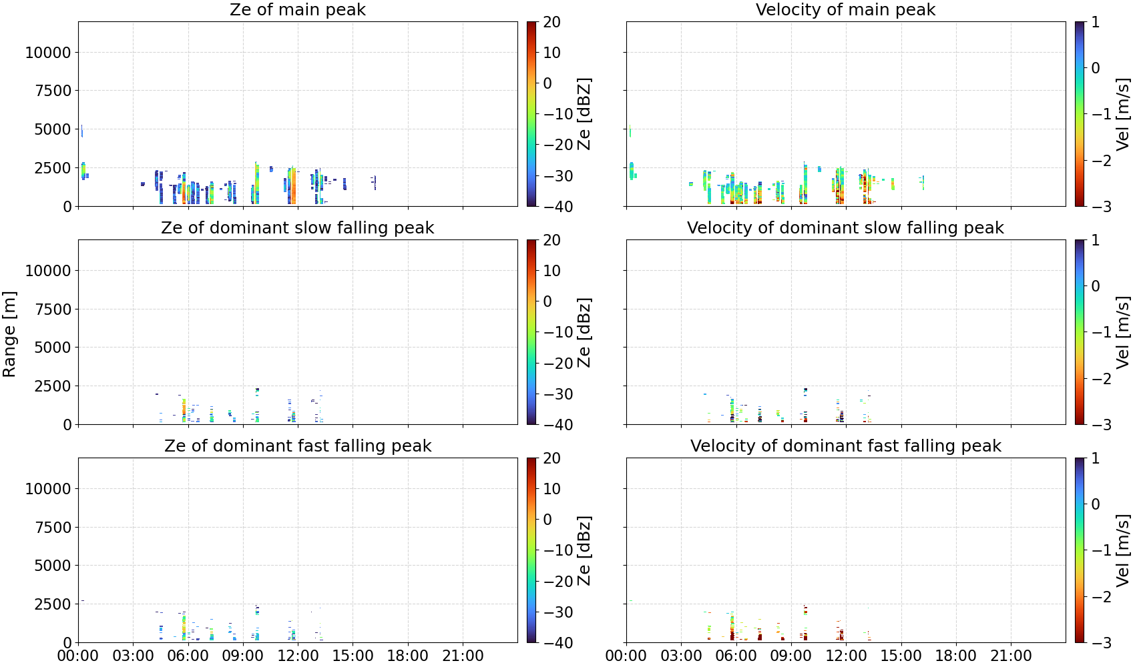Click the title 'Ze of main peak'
[297, 9]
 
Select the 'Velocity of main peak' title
[846, 9]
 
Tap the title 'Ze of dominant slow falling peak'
[297, 227]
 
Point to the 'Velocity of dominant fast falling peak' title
[846, 446]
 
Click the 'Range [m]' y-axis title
[9, 334]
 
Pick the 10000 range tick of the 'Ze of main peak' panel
[48, 52]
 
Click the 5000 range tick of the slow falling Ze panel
[53, 347]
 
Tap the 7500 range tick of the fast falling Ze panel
[53, 528]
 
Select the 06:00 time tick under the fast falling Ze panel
[188, 656]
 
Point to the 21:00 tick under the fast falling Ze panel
[463, 656]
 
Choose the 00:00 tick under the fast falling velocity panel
[626, 656]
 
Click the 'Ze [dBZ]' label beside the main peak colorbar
[584, 114]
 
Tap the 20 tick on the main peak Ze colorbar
[552, 22]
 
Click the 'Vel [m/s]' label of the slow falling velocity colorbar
[1123, 332]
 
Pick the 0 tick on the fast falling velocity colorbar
[1096, 504]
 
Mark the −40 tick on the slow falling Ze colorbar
[558, 425]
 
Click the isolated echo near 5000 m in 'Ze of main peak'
[81, 131]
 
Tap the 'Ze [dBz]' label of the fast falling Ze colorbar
[584, 550]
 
